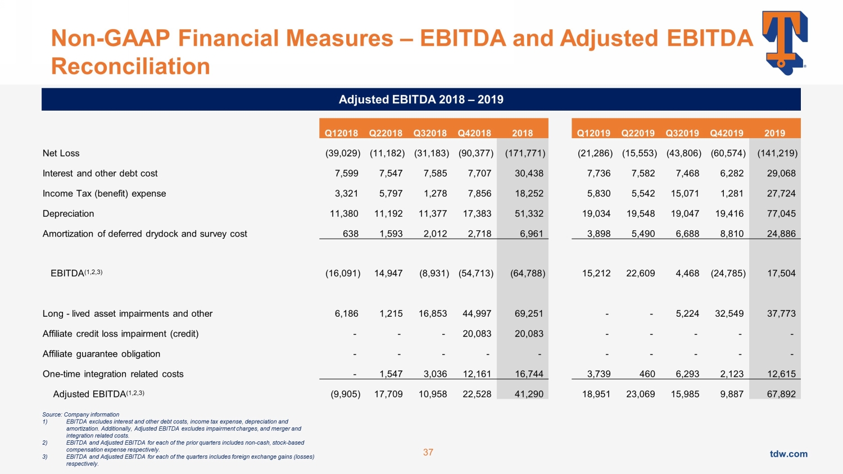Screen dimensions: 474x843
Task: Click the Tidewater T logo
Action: pos(785,42)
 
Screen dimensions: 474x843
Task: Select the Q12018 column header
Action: pos(341,133)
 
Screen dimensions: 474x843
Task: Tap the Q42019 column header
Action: pos(727,133)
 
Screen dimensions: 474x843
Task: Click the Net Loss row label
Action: pos(61,153)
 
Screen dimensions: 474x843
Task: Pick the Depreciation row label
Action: pos(69,214)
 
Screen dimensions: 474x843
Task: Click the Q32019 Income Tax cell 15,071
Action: pos(685,194)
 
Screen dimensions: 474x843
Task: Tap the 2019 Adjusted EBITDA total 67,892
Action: pos(781,394)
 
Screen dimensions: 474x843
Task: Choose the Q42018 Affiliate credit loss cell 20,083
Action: pos(477,334)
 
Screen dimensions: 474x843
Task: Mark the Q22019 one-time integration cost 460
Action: pos(647,374)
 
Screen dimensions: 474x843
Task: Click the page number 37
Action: pos(428,453)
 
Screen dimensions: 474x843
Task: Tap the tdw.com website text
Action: pos(788,454)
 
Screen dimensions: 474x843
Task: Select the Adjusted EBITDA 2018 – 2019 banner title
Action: pos(421,99)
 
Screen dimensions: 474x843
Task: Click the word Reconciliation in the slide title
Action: pos(130,66)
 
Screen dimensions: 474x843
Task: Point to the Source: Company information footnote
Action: pos(81,414)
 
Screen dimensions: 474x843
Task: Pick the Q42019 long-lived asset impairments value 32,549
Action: pos(729,314)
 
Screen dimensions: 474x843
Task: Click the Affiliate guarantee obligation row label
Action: pos(102,354)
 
